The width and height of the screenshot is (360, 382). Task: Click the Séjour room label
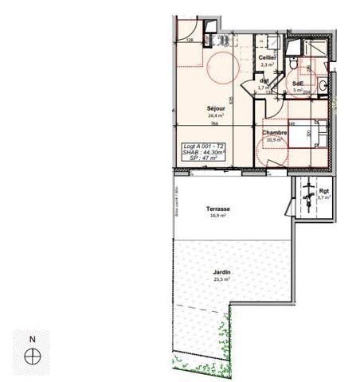pos(215,108)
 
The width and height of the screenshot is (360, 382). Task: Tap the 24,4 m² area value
pos(215,115)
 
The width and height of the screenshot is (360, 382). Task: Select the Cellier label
pos(267,58)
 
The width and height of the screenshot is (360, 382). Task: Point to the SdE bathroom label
pos(298,84)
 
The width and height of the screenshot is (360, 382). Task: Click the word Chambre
pos(274,132)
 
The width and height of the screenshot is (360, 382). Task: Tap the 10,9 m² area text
pos(274,140)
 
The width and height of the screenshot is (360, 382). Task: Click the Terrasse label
pos(217,209)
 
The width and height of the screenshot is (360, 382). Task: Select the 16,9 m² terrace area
pos(217,216)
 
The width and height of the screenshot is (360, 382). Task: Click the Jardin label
pos(221,273)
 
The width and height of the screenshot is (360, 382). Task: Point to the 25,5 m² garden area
pos(221,280)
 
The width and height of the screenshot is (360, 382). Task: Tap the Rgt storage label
pos(323,190)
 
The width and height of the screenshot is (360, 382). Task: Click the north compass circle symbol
pos(33,357)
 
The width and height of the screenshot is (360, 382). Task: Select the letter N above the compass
pos(33,339)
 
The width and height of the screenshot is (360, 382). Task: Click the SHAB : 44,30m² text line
pos(203,153)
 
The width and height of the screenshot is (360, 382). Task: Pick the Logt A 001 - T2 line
pos(203,146)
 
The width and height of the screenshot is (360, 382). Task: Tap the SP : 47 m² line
pos(203,159)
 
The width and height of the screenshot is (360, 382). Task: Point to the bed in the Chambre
pos(306,134)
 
